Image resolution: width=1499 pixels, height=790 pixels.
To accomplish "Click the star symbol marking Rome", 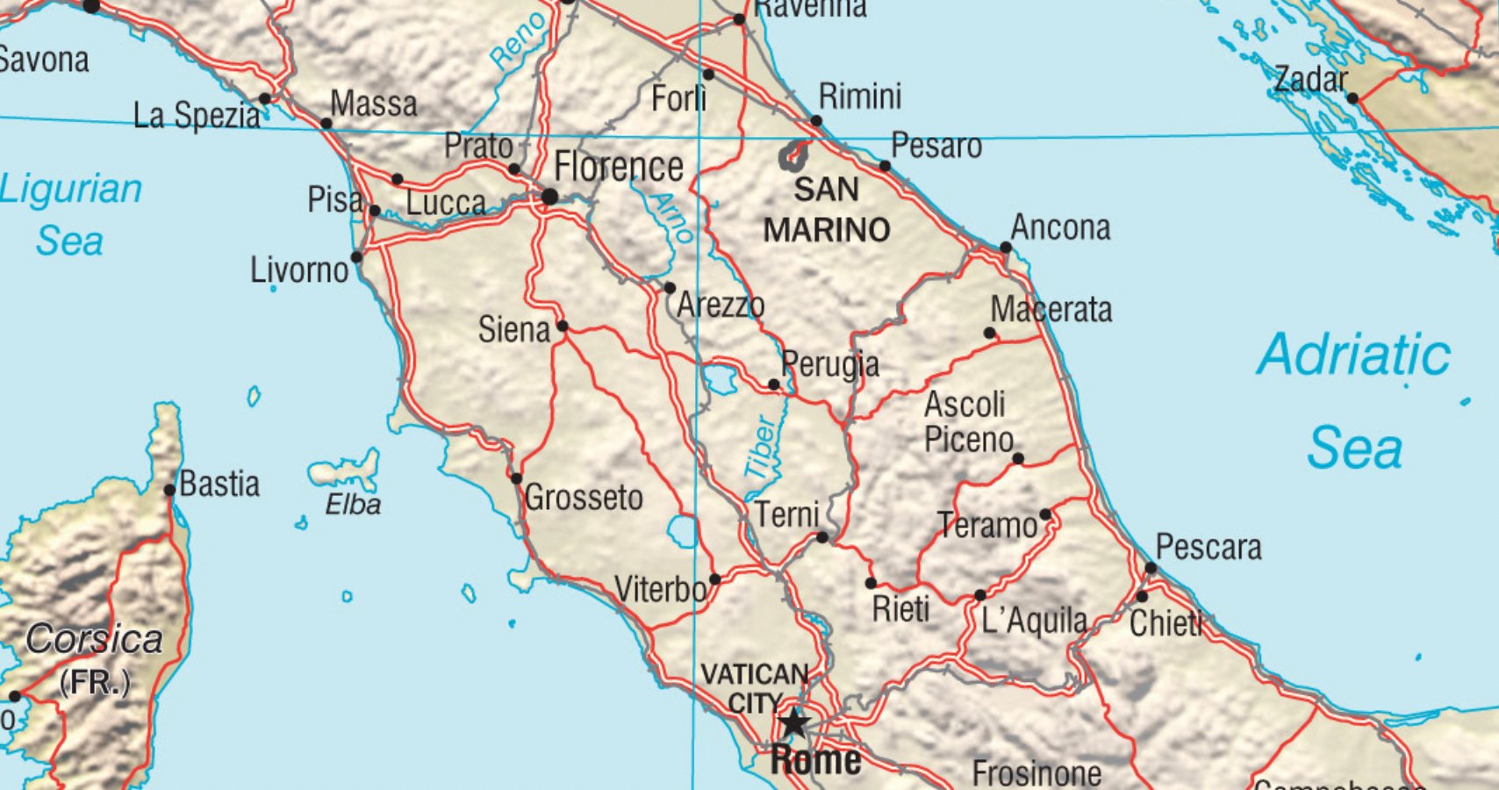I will coord(794,723).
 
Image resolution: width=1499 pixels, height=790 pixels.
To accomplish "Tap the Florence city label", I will coord(618,167).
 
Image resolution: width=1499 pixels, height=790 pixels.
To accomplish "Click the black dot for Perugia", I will coord(773,384).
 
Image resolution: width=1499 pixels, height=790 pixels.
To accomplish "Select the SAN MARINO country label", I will coord(826,210).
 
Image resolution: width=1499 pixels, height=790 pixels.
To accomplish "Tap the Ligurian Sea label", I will coord(70,214).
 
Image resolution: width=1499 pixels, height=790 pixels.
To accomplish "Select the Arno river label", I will coord(673,217).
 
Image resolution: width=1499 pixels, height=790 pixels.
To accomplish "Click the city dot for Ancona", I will coord(1006,248).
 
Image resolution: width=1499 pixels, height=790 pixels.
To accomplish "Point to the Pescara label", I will coord(1209,548).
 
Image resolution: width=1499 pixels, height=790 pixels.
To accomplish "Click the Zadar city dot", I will coord(1352,98).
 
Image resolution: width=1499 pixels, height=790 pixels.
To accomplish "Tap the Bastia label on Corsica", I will coord(219,484).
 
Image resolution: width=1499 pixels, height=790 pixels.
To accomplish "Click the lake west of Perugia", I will coord(720,379).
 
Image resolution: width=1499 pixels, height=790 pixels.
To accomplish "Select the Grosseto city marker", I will coord(516,478).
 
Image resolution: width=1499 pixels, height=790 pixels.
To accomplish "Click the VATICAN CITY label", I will coord(755,687).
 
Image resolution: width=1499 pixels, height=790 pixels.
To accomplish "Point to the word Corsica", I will coord(94,639).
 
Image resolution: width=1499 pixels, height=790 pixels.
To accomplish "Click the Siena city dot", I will coord(563,327).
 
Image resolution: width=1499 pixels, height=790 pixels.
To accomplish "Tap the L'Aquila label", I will coord(1034,621).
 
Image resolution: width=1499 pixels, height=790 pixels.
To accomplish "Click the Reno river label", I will coord(518,42).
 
